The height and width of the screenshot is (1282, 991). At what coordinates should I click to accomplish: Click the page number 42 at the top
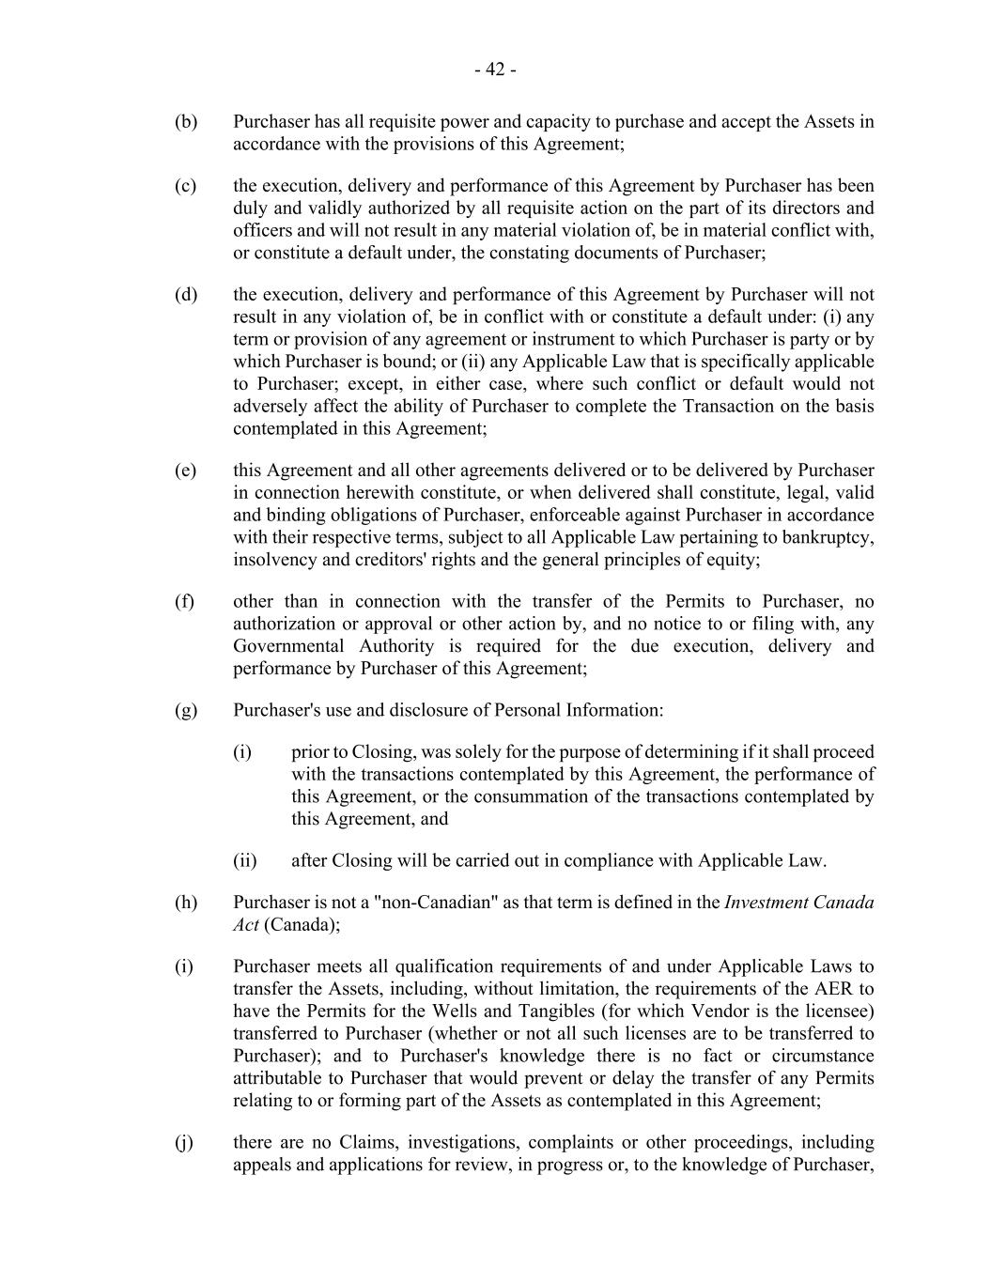495,70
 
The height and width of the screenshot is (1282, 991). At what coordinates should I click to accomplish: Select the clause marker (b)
186,121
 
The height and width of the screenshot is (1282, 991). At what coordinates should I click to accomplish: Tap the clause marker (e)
185,470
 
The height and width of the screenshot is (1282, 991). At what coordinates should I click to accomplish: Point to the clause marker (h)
186,902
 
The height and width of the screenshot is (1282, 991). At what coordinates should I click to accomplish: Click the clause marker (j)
184,1142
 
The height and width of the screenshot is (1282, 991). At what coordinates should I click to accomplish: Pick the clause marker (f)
184,601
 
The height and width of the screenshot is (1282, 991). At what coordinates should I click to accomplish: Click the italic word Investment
769,902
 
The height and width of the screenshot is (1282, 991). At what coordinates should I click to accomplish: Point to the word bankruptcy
828,537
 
